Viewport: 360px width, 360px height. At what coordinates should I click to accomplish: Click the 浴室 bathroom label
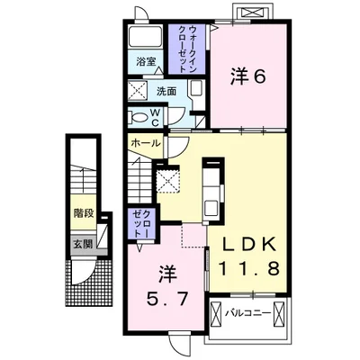[146, 62]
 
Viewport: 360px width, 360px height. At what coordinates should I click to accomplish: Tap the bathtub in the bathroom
[144, 38]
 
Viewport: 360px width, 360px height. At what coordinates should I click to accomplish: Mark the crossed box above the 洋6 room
[249, 13]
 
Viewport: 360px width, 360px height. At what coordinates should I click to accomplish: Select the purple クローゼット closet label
[140, 223]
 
